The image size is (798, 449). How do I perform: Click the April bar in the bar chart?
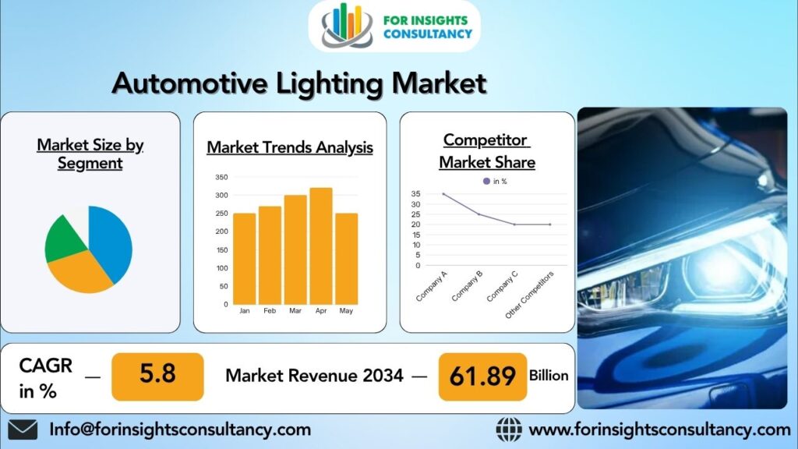(320, 246)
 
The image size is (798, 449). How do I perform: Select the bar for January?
(244, 259)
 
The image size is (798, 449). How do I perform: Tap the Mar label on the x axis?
(295, 310)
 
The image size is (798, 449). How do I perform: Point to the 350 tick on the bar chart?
(221, 177)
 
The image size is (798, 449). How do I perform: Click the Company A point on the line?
(443, 194)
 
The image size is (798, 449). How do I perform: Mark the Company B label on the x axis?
(467, 286)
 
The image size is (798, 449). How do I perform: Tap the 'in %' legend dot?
(486, 181)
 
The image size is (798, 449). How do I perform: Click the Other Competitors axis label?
(529, 295)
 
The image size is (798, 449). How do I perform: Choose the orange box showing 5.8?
(157, 377)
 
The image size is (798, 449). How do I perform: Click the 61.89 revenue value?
(482, 377)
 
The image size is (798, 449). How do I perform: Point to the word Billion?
(549, 376)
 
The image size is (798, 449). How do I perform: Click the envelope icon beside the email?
(23, 430)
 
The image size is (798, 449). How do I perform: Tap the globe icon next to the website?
(509, 430)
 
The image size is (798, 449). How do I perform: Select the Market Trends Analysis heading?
(290, 147)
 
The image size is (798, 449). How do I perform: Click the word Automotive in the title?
(189, 83)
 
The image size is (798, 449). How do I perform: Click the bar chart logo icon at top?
(346, 26)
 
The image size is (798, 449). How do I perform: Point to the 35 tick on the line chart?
(416, 194)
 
